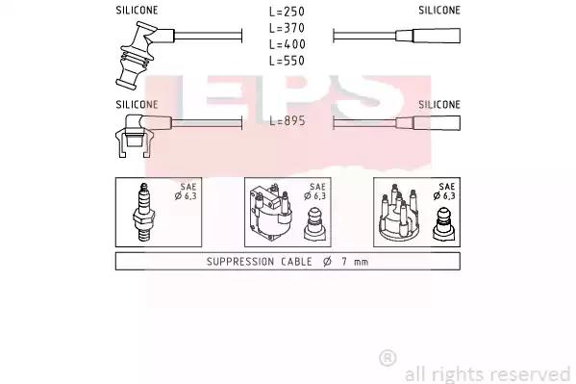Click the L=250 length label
[287, 12]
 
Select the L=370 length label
[287, 28]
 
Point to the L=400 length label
[287, 44]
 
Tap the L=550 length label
[287, 61]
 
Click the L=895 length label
[288, 120]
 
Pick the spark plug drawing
[143, 213]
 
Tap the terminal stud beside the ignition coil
[315, 224]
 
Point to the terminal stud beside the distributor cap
[443, 224]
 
